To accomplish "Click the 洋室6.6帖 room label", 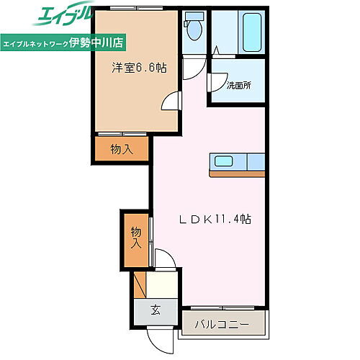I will coord(139,68).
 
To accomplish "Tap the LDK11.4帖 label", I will coord(214,219).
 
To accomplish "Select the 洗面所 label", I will coord(238,86).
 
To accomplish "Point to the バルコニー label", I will coord(222,325).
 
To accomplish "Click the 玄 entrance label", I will coord(155,310).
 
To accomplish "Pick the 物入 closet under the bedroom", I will coord(121,149).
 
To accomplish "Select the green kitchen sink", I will coord(221,161).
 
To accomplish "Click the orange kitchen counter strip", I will coord(237,173).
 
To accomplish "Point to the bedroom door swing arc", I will coord(169,103).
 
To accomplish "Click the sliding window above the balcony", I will coord(222,307).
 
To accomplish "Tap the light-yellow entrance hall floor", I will coord(162,286).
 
